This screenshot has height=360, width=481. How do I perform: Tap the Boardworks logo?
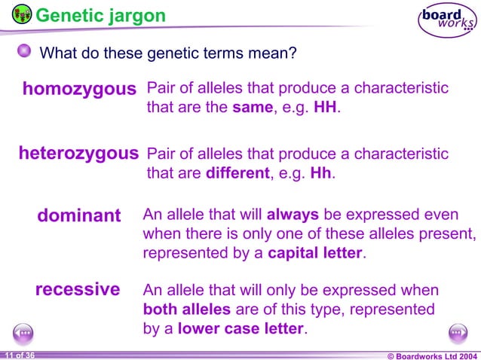point(448,20)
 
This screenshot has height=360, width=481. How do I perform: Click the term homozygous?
point(79,90)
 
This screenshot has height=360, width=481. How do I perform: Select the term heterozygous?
point(78,154)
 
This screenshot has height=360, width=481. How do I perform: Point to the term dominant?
point(79,216)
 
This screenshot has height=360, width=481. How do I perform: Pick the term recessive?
point(78,289)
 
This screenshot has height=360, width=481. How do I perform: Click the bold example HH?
point(326,108)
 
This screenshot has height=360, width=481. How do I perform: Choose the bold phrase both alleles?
point(188,310)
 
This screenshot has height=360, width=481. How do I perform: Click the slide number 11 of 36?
point(19,355)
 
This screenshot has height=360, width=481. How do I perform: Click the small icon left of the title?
point(22,14)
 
